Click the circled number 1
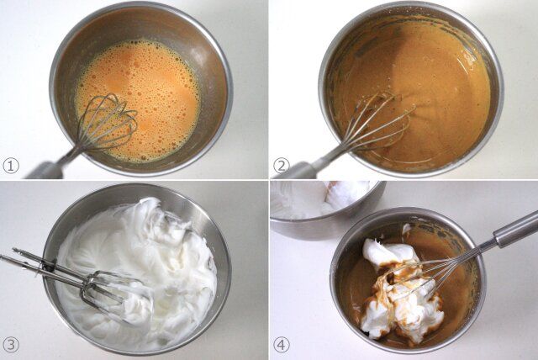tap(11, 166)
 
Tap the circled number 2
tap(282, 166)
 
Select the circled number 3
tap(11, 345)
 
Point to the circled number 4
tap(282, 345)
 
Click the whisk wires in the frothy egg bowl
tap(107, 122)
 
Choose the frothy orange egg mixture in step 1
tap(137, 99)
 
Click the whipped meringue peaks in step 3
tap(137, 267)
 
